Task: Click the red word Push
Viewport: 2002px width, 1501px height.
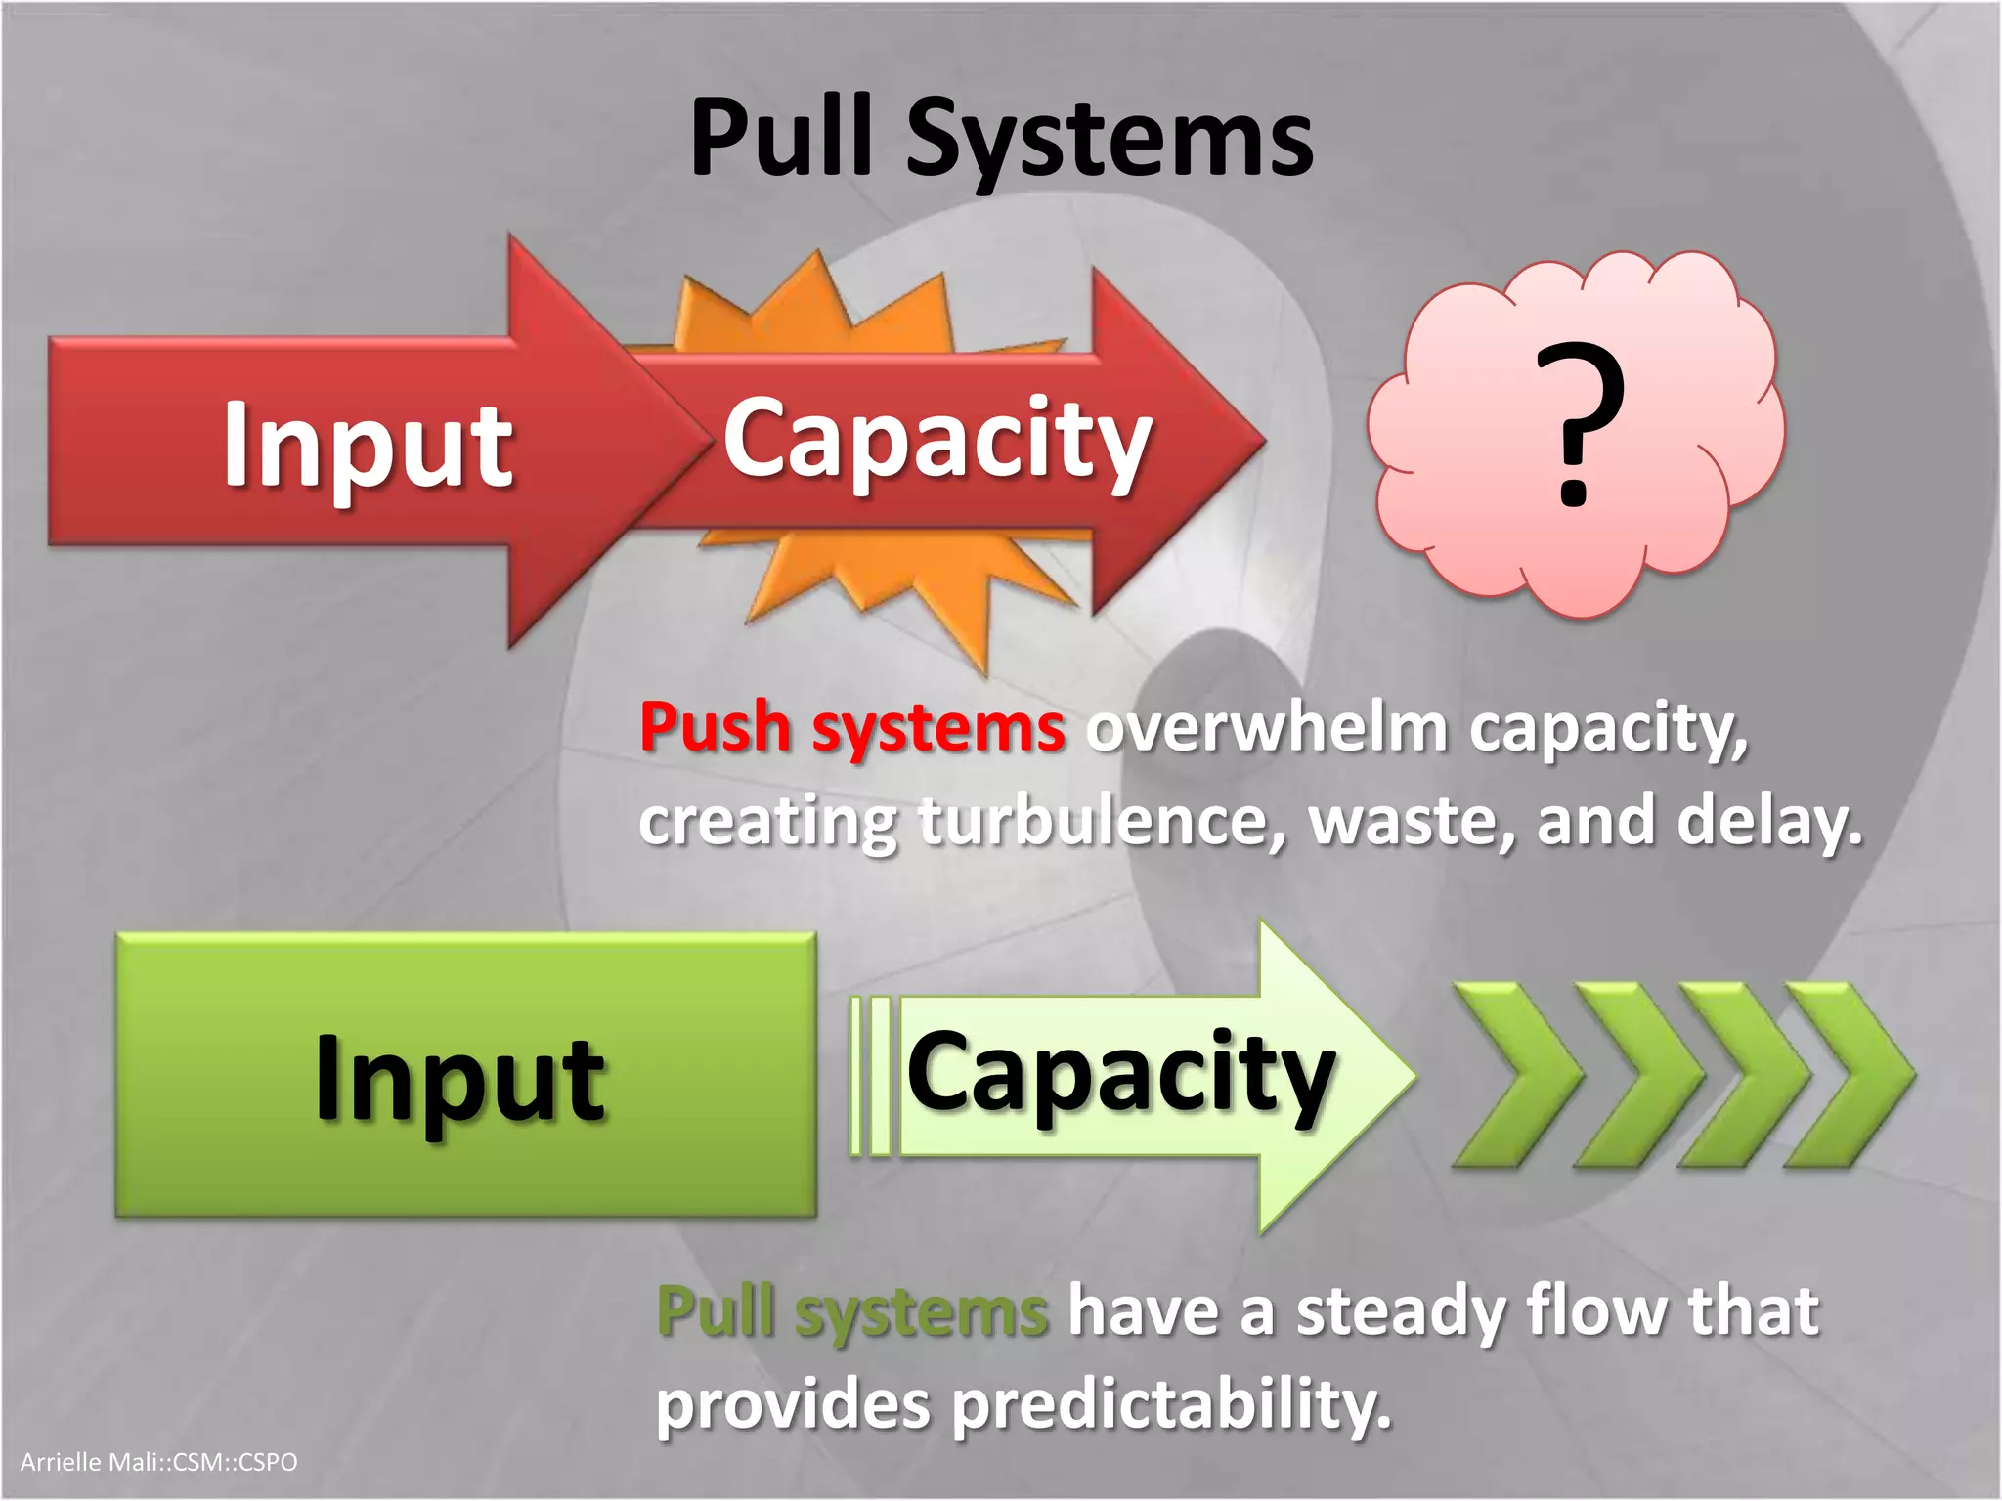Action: tap(715, 728)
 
